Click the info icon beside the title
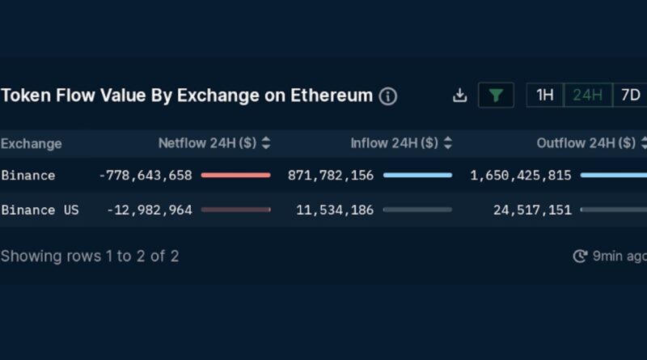tap(388, 96)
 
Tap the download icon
tap(459, 95)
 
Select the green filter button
tap(496, 95)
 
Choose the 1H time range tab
tap(545, 95)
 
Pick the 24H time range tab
tap(587, 95)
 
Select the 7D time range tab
tap(630, 95)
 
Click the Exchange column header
tap(32, 144)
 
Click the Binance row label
tap(28, 176)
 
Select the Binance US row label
tap(40, 210)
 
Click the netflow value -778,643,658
tap(145, 176)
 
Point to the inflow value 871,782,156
tap(331, 176)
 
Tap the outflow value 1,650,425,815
tap(521, 176)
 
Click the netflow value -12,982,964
tap(150, 210)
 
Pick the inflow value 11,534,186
tap(335, 210)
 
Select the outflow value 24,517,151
tap(532, 210)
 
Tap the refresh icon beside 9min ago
tap(580, 256)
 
